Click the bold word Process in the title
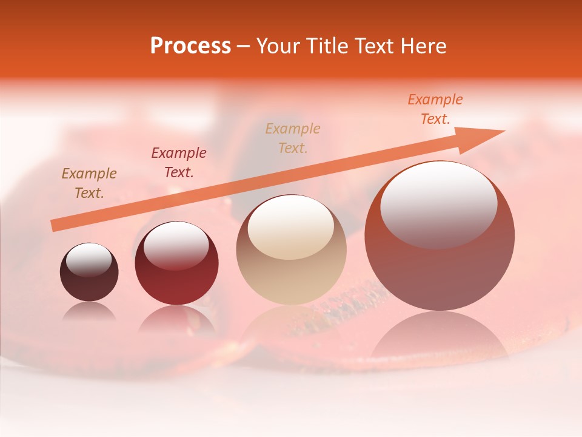pyautogui.click(x=190, y=46)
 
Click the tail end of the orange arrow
pyautogui.click(x=55, y=225)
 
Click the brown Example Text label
pyautogui.click(x=89, y=183)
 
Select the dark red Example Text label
pyautogui.click(x=179, y=163)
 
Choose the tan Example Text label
pyautogui.click(x=293, y=138)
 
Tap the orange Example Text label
pyautogui.click(x=435, y=109)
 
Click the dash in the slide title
pyautogui.click(x=244, y=46)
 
